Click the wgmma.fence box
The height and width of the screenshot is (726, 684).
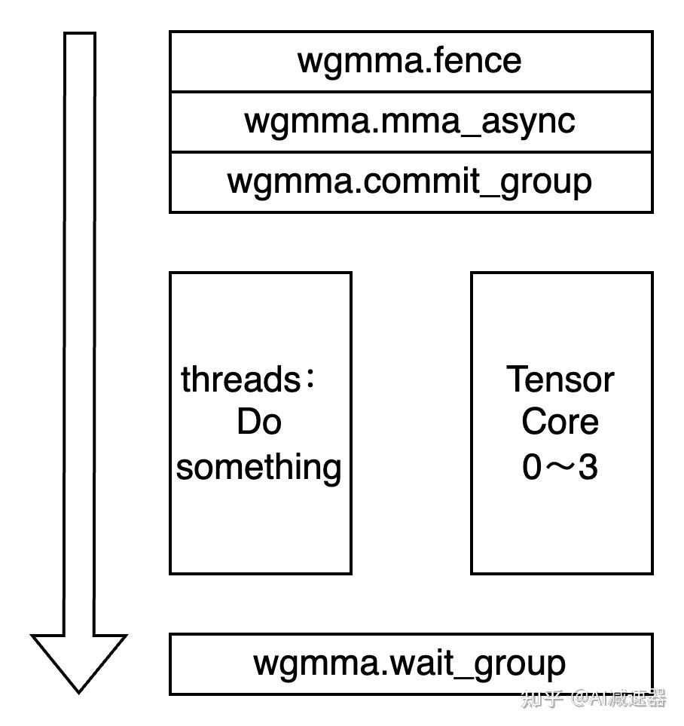point(411,62)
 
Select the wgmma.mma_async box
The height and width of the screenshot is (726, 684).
point(411,122)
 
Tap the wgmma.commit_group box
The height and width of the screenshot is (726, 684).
point(411,182)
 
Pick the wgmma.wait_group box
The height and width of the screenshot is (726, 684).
point(411,663)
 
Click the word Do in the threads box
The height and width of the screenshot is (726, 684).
point(259,422)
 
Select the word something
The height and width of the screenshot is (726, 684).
point(259,466)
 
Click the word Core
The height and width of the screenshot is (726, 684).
point(560,422)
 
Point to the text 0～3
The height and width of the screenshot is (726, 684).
point(560,467)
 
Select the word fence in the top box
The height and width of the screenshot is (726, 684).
point(477,62)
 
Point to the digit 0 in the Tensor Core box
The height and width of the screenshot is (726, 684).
point(533,467)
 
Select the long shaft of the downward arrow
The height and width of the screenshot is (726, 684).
point(79,331)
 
